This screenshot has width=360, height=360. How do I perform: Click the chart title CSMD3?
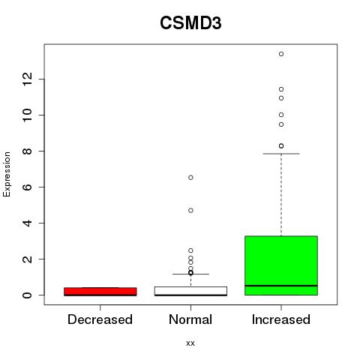pos(190,23)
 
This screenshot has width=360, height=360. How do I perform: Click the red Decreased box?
pos(100,292)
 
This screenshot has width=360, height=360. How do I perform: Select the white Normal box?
pos(190,291)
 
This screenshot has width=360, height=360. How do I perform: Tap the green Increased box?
pos(281,265)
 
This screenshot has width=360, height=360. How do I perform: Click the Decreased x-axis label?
pos(100,319)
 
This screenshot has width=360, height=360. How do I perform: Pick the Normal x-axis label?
pos(190,319)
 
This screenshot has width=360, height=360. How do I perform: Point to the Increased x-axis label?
pos(281,319)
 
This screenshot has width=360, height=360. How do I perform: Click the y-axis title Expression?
pos(7,174)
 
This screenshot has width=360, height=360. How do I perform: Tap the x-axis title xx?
pos(190,343)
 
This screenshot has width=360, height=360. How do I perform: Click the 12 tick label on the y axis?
pos(28,79)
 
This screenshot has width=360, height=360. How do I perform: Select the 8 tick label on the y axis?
pos(28,151)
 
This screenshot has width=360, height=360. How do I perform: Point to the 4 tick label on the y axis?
pos(28,223)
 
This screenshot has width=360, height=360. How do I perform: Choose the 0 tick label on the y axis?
pos(28,295)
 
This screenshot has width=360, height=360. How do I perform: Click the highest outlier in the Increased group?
pos(281,54)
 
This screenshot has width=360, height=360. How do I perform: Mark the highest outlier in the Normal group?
pos(190,178)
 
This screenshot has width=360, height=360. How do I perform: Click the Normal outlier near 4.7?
pos(190,211)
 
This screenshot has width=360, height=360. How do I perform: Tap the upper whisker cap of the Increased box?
pos(281,154)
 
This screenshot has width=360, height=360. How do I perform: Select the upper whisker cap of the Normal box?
pos(190,274)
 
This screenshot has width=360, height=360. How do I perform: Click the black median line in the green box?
pos(281,286)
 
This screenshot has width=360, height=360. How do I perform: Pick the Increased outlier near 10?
pos(281,115)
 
